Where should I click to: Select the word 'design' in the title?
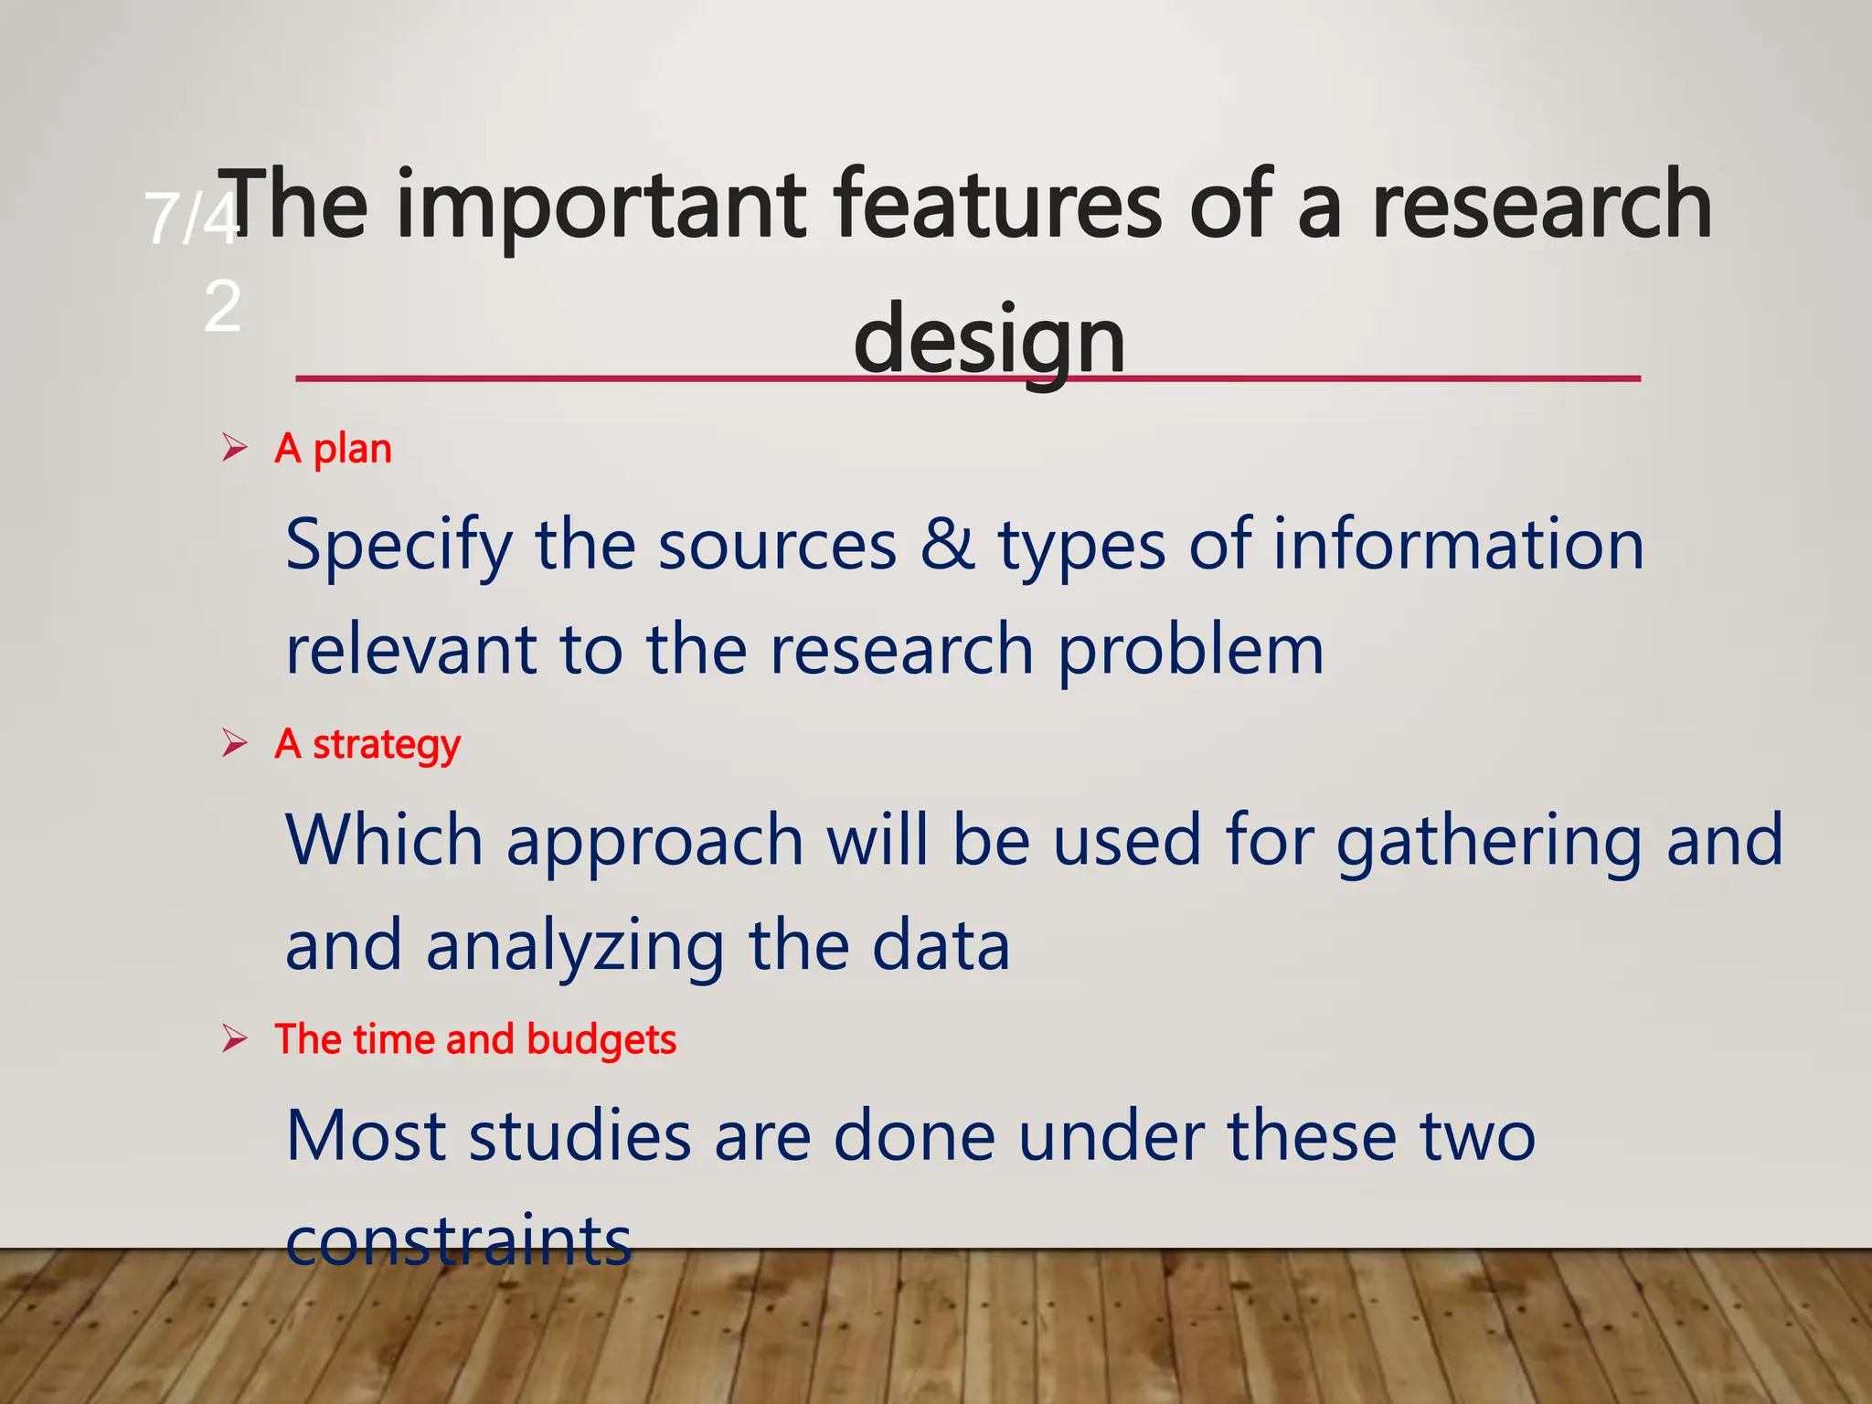989,341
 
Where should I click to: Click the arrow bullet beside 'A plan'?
235,448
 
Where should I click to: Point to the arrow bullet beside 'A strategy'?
235,743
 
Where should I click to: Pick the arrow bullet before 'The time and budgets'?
235,1039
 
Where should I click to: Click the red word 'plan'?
352,450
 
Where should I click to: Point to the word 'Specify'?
399,547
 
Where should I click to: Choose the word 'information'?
1458,545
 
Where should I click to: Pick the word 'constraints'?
458,1241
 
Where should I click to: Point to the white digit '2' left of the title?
222,306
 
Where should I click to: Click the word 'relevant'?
410,650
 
